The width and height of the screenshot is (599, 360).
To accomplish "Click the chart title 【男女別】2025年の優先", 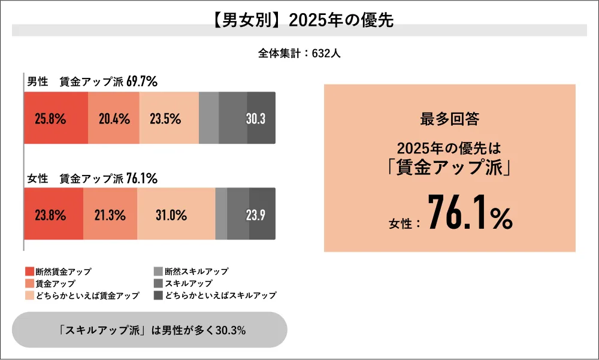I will coord(299,20).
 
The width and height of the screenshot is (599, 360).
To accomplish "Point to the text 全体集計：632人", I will coord(299,53).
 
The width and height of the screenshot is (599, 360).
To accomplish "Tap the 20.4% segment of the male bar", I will coord(114,119).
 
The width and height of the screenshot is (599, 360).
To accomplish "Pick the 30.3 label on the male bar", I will coord(256,119).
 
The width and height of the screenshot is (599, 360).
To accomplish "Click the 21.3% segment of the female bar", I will coord(110,214).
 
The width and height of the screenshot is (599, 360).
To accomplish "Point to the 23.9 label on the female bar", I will coord(256,214).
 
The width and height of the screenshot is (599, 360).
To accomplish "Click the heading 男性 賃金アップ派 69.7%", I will coord(92,82).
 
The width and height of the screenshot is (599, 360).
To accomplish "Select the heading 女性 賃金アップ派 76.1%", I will coord(92,178).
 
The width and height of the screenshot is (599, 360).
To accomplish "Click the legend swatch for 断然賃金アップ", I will coord(29,271).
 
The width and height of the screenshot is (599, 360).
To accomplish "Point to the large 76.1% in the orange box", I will coord(470,213).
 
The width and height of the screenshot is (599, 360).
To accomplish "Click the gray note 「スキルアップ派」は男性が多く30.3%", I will coord(149,330).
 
